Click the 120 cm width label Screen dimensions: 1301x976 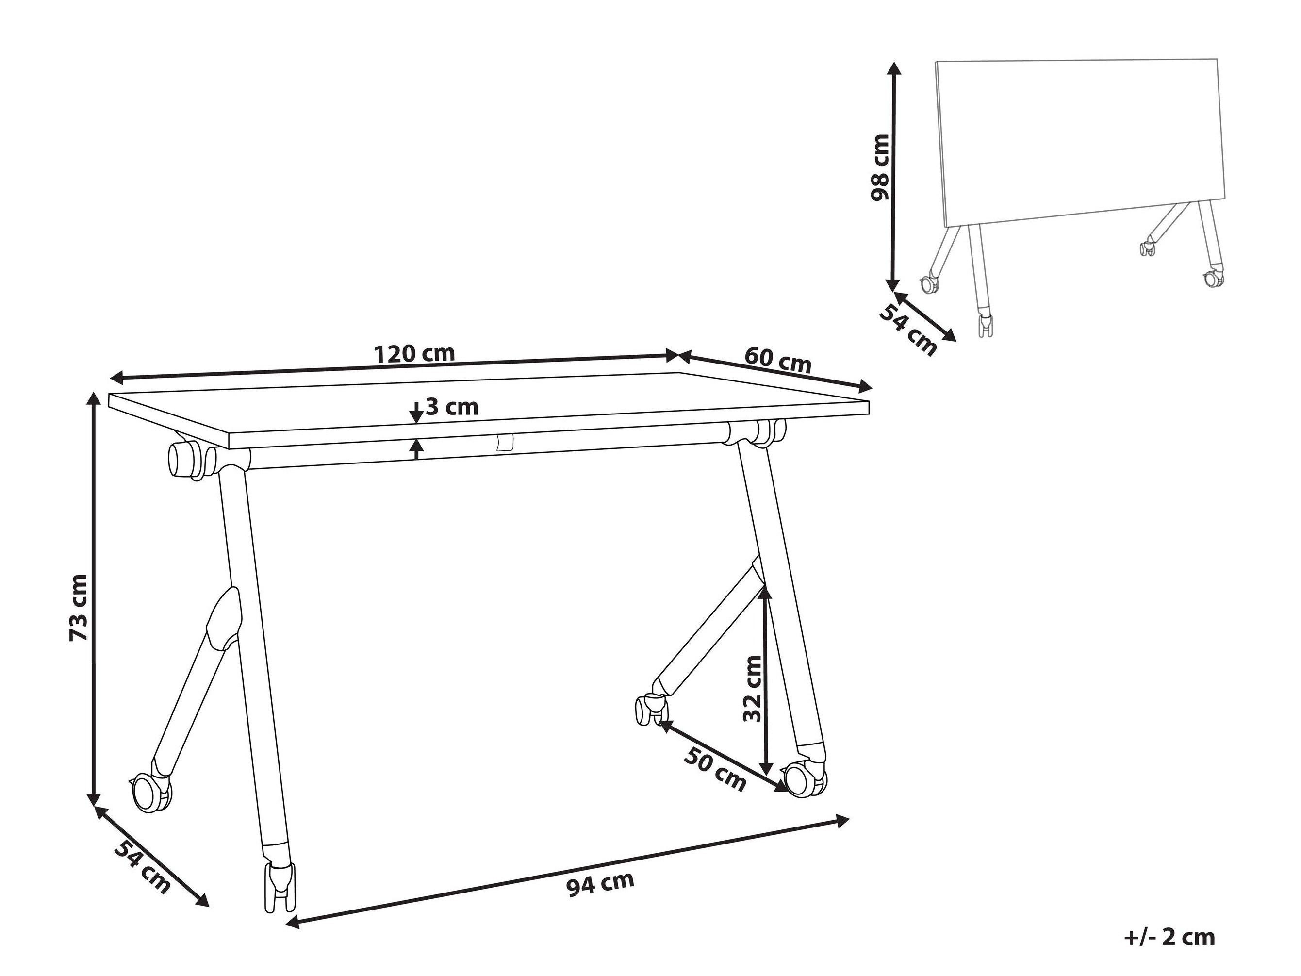point(414,354)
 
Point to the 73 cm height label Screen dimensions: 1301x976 point(78,608)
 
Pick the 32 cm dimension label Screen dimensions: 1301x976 point(752,688)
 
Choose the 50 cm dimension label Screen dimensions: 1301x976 point(715,770)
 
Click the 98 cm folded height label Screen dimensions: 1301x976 point(880,167)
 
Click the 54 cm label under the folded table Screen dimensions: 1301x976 point(907,329)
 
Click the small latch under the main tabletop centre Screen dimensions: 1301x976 point(505,444)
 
